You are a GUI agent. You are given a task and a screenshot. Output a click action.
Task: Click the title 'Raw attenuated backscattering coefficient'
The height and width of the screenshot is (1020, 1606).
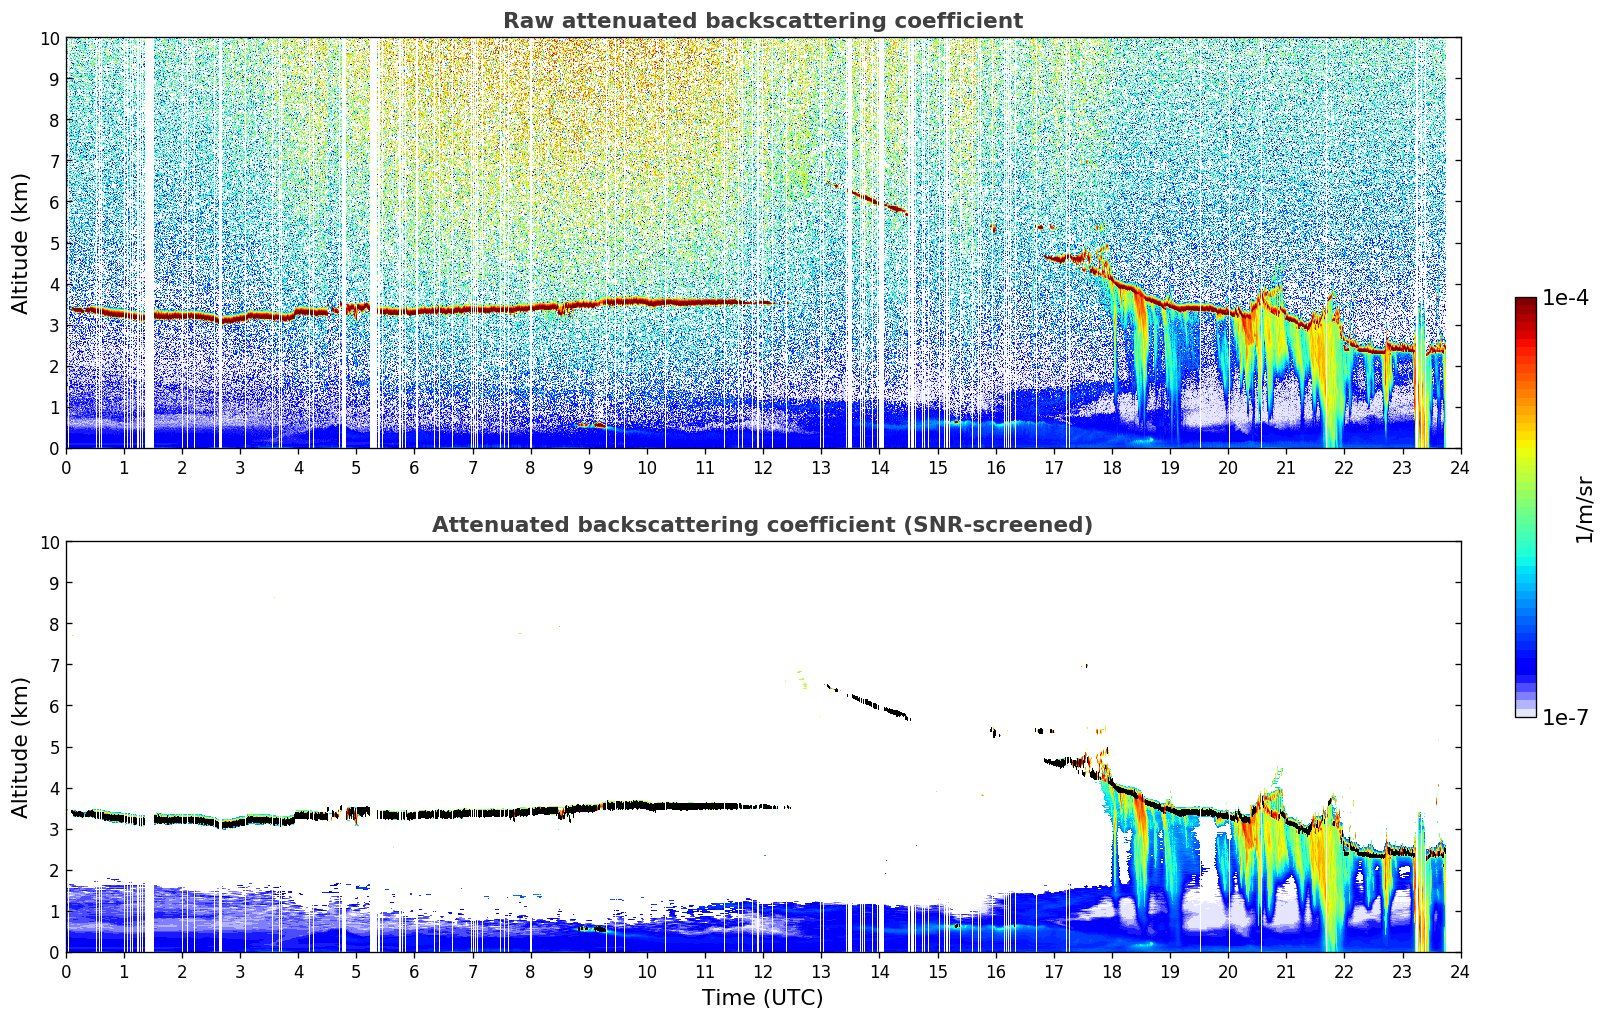[x=763, y=21]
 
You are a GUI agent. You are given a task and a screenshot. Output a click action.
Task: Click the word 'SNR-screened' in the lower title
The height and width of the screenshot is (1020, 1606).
[x=993, y=525]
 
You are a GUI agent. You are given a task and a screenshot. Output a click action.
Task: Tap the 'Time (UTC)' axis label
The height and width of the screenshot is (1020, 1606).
[x=763, y=997]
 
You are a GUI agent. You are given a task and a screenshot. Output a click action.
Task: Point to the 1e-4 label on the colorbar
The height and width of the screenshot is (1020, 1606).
[x=1565, y=297]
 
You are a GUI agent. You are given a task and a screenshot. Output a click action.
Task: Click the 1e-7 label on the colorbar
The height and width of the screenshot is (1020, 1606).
[x=1565, y=717]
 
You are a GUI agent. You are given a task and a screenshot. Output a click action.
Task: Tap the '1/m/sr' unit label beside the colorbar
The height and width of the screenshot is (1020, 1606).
[x=1583, y=510]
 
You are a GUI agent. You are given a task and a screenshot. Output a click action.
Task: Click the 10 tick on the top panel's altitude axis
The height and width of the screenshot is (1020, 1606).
[x=49, y=38]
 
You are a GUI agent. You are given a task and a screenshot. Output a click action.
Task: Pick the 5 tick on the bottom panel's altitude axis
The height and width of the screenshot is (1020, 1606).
[x=54, y=748]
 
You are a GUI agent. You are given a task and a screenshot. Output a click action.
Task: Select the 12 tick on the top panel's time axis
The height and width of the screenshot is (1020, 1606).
[x=763, y=468]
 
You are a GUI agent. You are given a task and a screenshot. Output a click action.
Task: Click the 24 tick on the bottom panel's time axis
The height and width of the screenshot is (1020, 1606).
[x=1460, y=972]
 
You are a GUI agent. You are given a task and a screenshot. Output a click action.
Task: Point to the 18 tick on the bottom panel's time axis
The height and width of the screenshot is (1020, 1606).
[x=1111, y=972]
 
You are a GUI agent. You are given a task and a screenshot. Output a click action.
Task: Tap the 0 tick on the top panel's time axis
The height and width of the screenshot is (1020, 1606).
[x=66, y=468]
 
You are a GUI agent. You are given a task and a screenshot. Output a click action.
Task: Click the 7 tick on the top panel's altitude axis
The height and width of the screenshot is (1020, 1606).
[x=54, y=161]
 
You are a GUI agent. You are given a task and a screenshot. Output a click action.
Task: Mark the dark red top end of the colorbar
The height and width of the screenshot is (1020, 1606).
[x=1526, y=301]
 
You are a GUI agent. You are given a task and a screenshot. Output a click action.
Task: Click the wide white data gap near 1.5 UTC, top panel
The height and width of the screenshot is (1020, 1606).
[x=149, y=244]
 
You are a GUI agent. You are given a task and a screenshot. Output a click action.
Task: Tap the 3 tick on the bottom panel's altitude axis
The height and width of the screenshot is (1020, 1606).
[x=54, y=829]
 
